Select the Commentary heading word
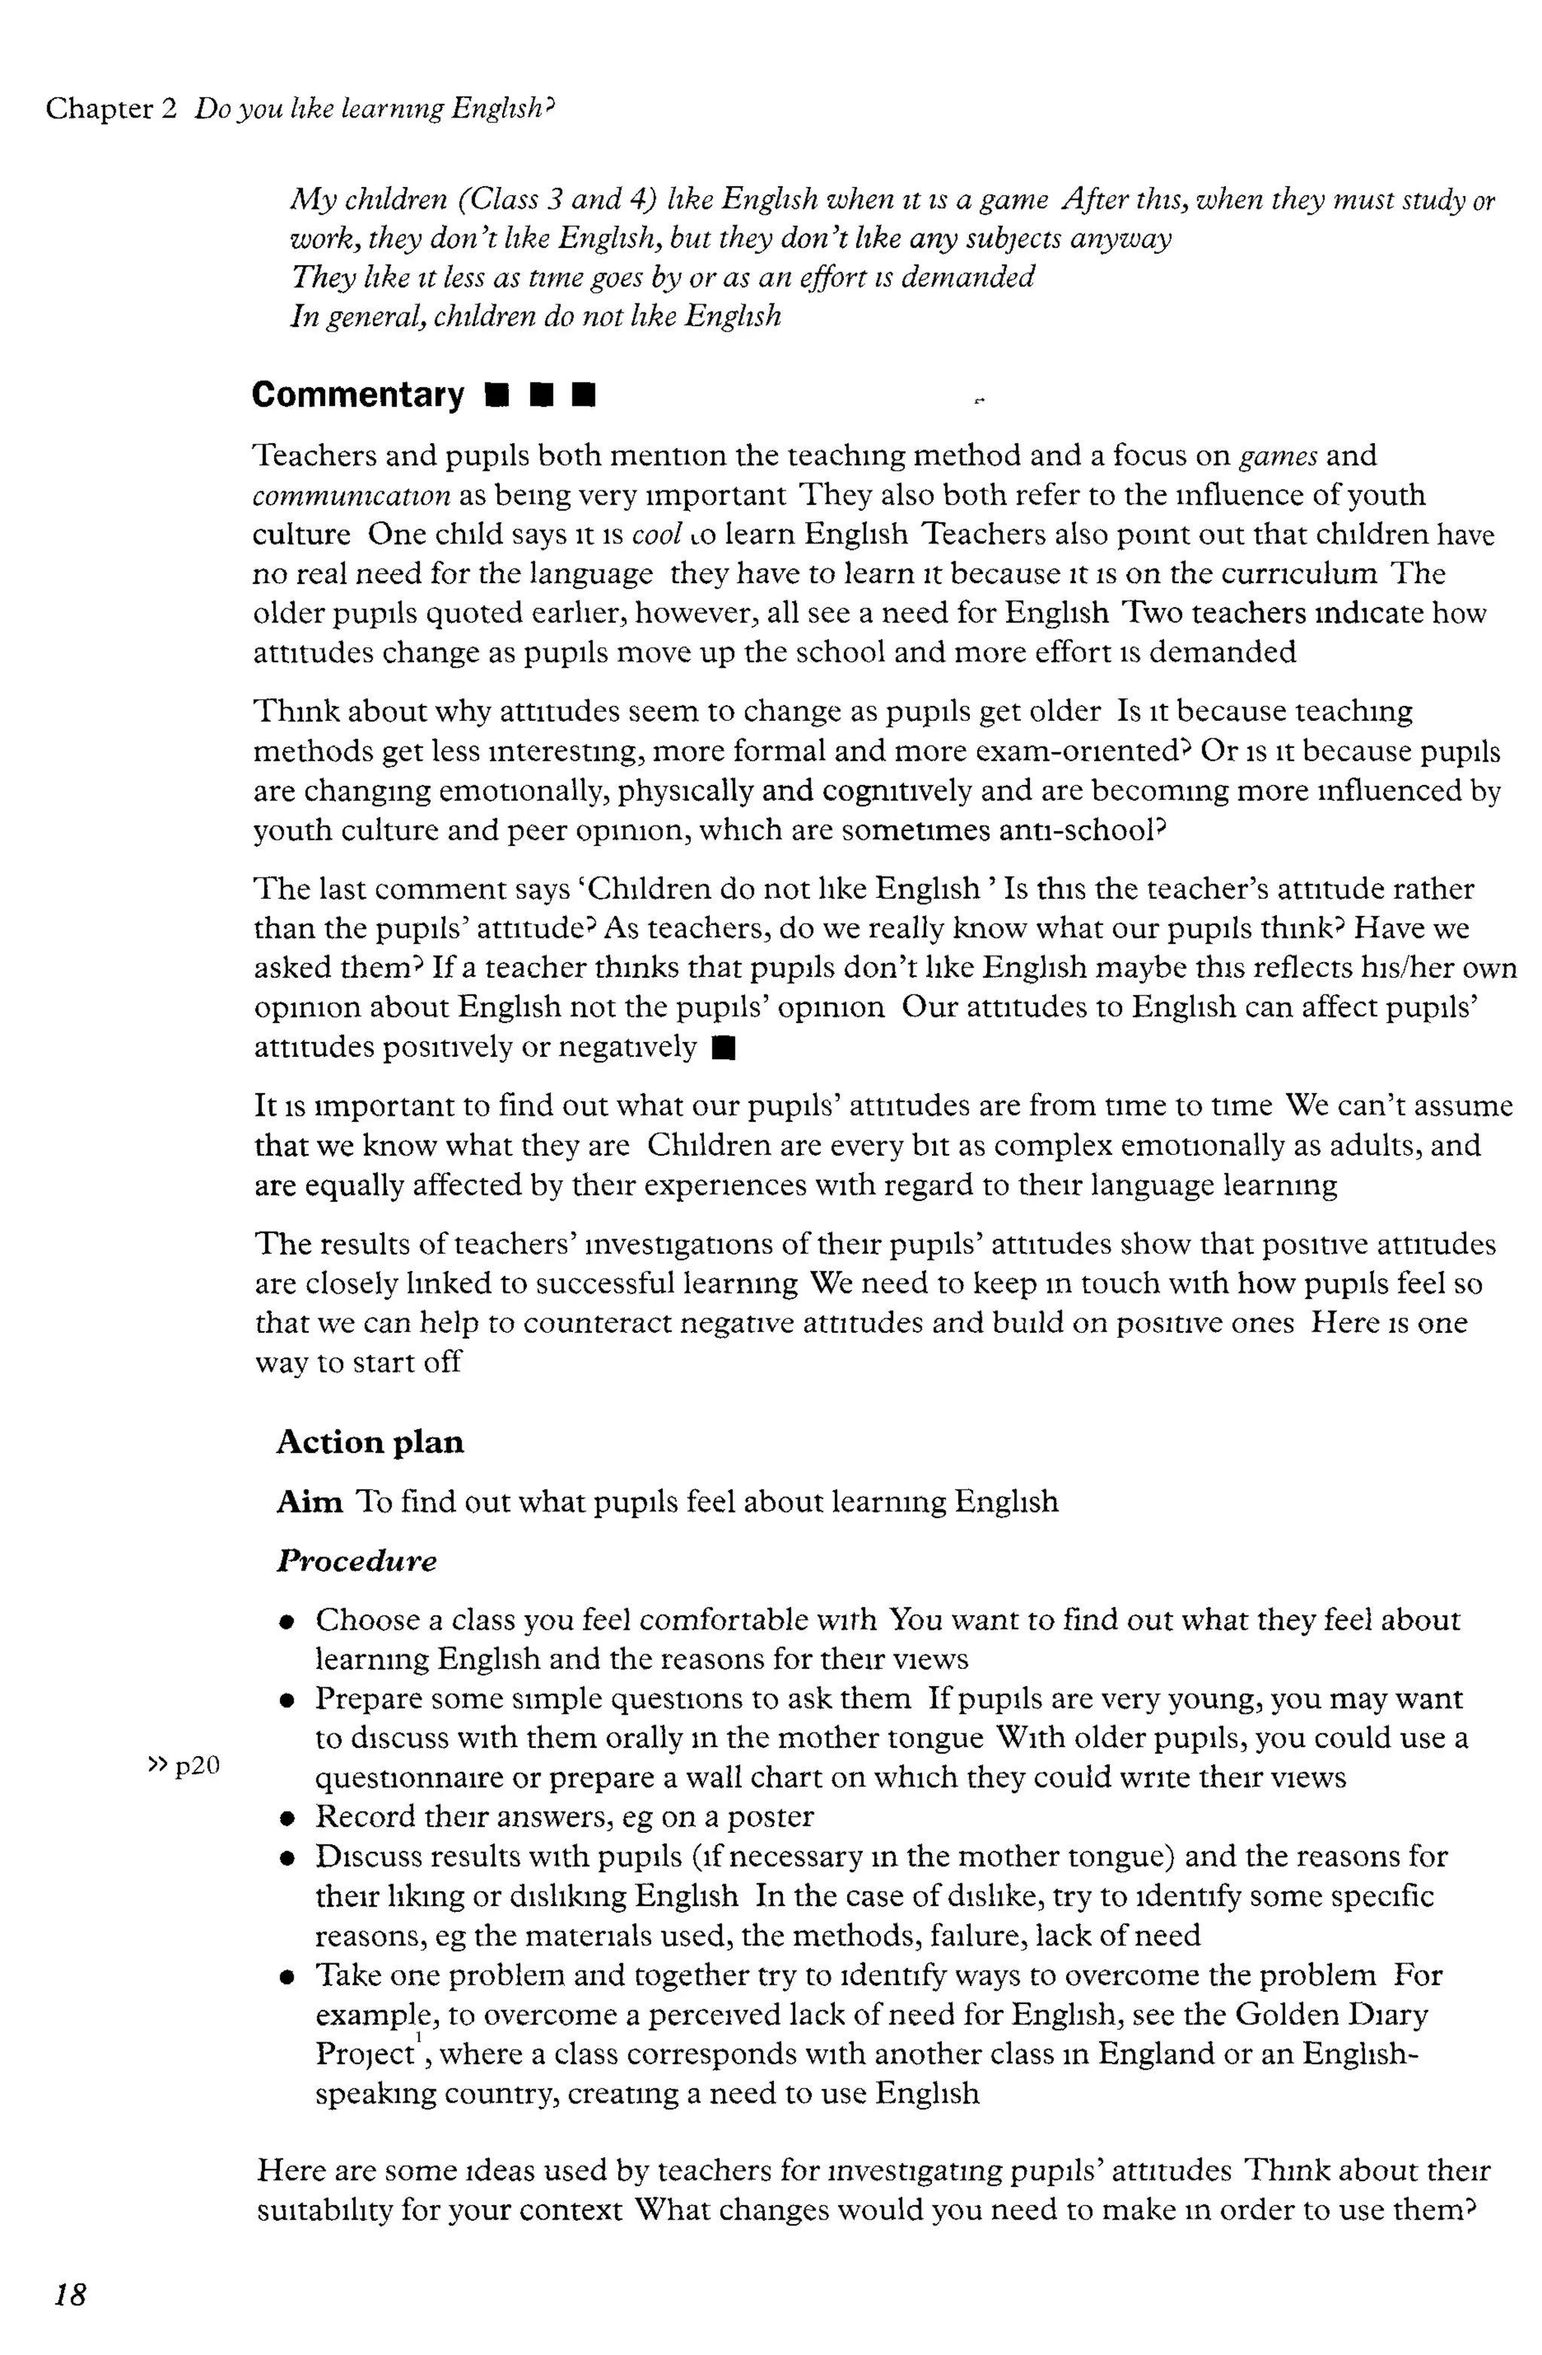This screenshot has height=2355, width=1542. [x=357, y=395]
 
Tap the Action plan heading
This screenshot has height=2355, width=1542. [x=370, y=1442]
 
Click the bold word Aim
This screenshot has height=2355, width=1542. [x=309, y=1502]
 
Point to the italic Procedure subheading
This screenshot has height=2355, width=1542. [x=356, y=1562]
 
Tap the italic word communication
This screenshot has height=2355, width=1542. [x=351, y=495]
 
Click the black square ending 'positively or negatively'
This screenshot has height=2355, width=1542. [x=723, y=1047]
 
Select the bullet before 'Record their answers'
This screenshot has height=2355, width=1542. [x=287, y=1819]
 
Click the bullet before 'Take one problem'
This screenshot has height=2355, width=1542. [x=287, y=1977]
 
